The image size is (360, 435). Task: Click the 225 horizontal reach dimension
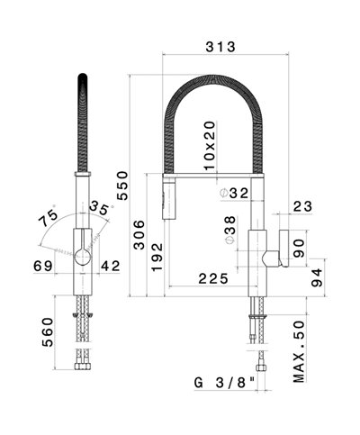212,280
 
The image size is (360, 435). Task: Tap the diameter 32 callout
236,193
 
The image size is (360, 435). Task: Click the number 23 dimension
302,206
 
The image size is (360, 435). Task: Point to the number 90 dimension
302,244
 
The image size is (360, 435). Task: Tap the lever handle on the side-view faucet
282,247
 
